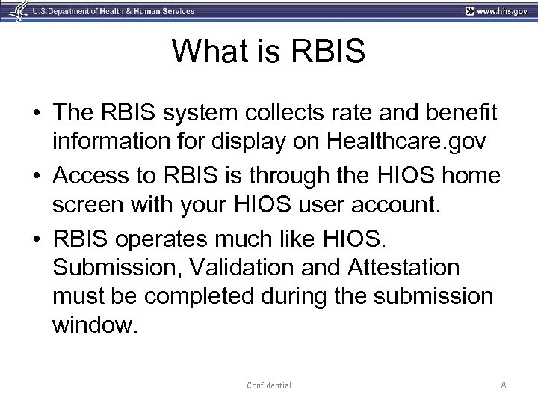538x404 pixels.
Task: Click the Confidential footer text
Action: click(268, 385)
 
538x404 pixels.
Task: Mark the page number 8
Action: click(505, 385)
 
